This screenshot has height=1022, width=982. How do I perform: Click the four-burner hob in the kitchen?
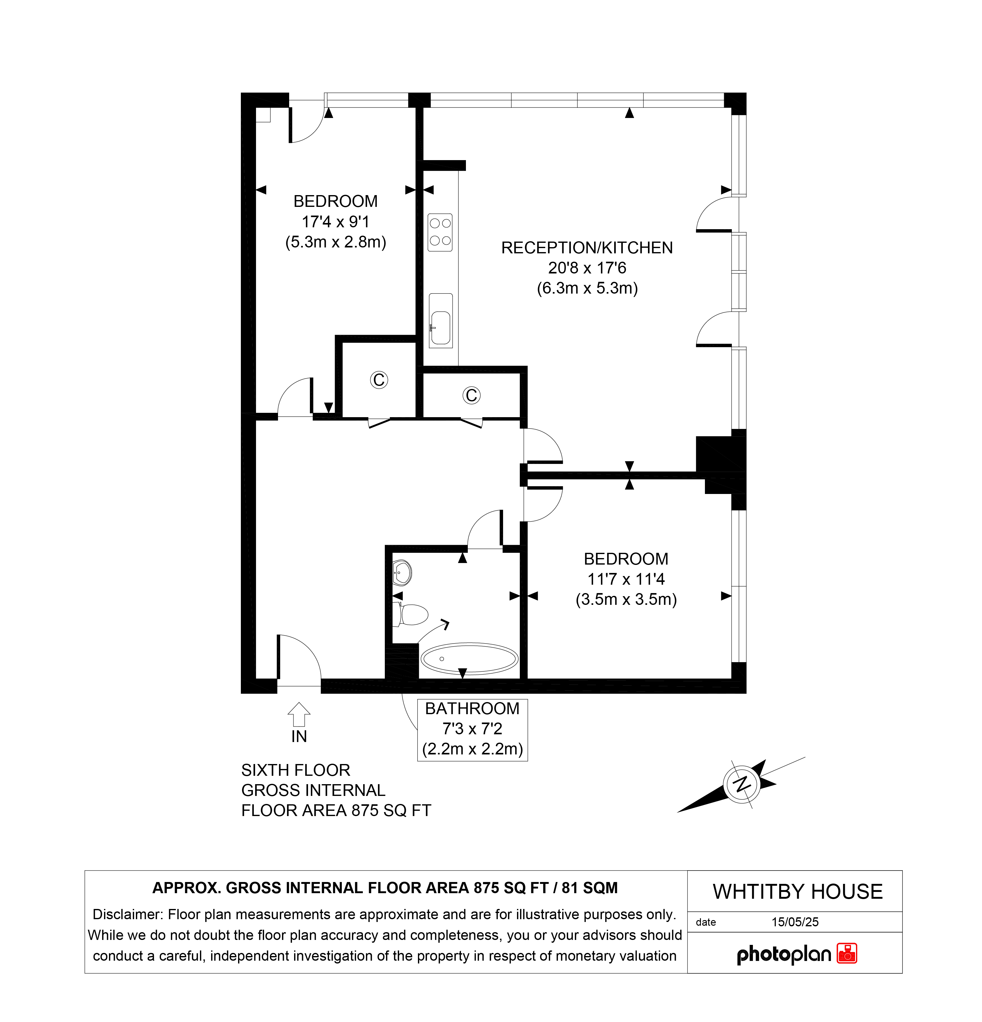click(440, 233)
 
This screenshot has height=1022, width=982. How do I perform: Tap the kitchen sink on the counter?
click(441, 321)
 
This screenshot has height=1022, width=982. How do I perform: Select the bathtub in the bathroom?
click(469, 658)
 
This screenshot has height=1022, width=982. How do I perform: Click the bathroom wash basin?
click(402, 573)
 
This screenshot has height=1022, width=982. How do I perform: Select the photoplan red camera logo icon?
click(847, 953)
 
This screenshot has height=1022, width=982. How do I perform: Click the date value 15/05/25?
click(795, 922)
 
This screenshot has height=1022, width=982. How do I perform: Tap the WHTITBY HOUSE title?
click(797, 892)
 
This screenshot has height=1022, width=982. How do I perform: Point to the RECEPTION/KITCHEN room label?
click(587, 248)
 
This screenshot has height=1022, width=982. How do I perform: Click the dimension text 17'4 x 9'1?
click(336, 222)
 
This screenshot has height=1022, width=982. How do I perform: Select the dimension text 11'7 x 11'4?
click(626, 579)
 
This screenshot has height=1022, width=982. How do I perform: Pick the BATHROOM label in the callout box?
click(472, 709)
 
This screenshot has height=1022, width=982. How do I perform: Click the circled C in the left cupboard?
click(379, 380)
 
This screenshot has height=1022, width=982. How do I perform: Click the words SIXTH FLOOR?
click(296, 770)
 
